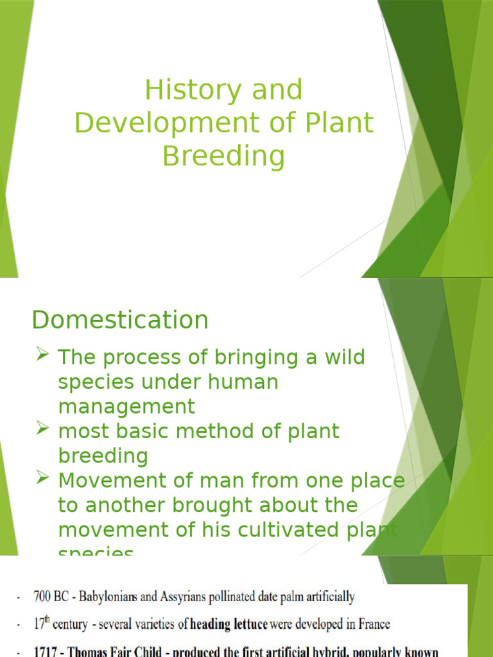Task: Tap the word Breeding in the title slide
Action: coord(223,157)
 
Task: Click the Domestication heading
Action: coord(120,320)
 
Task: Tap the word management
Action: coord(126,406)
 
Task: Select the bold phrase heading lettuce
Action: coord(229,624)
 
